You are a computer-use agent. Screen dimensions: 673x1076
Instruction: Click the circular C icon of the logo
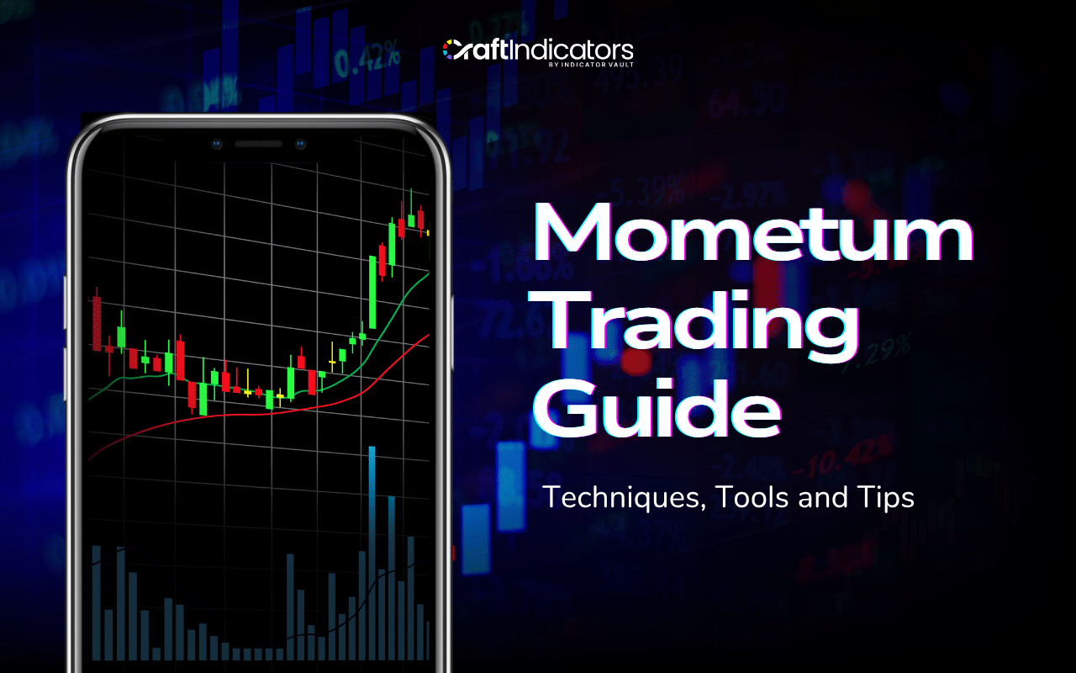(x=453, y=49)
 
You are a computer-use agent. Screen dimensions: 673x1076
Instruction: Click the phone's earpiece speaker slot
(x=258, y=144)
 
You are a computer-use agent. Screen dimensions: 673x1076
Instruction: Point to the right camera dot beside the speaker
(x=300, y=144)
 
